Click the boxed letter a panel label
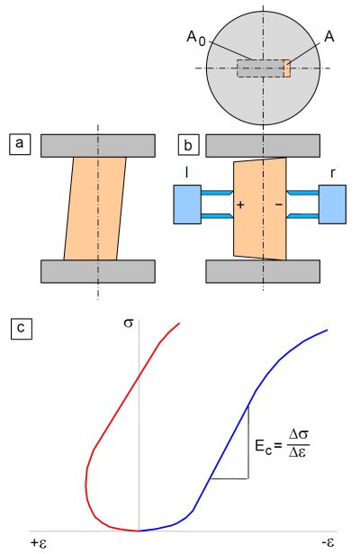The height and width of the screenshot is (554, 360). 20,144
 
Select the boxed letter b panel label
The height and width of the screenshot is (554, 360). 188,144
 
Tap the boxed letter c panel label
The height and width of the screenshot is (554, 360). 22,328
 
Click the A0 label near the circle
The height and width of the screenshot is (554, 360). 196,38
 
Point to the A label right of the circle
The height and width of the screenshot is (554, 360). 328,36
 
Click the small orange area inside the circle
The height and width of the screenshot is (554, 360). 287,68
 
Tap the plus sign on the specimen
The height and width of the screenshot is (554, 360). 240,204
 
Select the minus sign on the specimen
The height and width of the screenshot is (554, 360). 279,204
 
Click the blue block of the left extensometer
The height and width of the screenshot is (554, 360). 187,204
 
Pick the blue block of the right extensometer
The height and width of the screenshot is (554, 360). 332,204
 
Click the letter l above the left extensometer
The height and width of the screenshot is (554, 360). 186,172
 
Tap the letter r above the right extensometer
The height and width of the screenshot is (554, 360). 332,174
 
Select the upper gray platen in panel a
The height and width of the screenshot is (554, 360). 98,146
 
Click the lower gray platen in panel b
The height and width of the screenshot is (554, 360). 263,271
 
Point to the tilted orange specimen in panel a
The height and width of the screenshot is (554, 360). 94,208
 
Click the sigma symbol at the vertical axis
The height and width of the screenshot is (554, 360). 129,322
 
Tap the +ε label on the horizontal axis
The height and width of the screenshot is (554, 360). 39,542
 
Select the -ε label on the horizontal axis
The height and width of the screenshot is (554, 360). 328,542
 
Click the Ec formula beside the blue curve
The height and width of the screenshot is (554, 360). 283,443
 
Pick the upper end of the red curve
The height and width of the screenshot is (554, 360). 180,322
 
